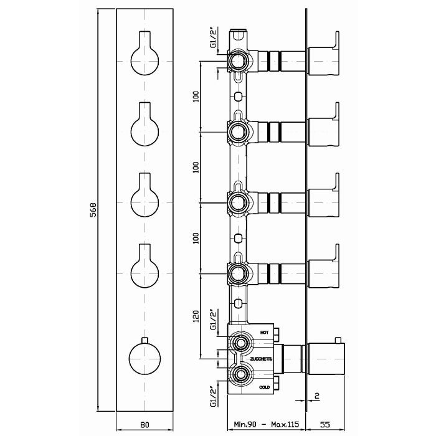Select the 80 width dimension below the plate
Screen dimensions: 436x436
pyautogui.click(x=145, y=425)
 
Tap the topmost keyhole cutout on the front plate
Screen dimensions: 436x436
pyautogui.click(x=145, y=57)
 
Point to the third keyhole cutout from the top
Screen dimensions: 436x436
pyautogui.click(x=145, y=198)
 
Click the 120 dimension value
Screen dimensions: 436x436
pyautogui.click(x=195, y=317)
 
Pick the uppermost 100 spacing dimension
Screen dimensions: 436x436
pyautogui.click(x=195, y=97)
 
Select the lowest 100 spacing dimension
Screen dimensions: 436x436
pyautogui.click(x=195, y=238)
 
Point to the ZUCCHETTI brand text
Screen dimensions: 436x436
pyautogui.click(x=260, y=360)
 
